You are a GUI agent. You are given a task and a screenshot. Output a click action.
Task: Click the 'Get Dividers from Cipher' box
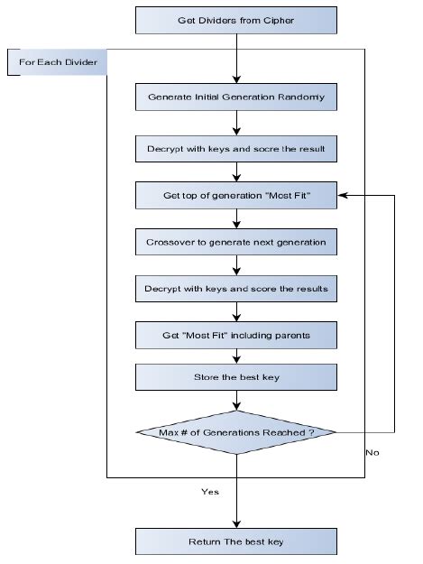(x=236, y=18)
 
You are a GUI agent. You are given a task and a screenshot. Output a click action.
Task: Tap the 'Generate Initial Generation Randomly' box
(x=236, y=97)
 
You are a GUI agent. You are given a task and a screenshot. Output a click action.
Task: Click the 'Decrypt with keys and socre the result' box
(x=236, y=145)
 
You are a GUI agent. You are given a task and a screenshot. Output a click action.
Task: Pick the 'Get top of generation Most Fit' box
(x=236, y=194)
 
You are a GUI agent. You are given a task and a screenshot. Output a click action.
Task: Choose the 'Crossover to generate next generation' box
(x=236, y=242)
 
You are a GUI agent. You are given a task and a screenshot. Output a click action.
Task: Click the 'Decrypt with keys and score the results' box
(x=236, y=290)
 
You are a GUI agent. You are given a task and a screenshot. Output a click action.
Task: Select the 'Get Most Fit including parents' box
(x=236, y=336)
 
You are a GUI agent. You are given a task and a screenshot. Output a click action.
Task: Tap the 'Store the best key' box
(x=236, y=376)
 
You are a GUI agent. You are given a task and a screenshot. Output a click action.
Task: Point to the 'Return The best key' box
(x=236, y=541)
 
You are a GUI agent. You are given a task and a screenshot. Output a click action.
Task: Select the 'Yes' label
(x=208, y=493)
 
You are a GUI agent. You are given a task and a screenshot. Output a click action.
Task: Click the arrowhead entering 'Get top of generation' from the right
(x=343, y=194)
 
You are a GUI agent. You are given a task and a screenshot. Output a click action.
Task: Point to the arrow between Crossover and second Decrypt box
(x=236, y=265)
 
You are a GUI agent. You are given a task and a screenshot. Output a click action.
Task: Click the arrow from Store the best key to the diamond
(x=236, y=399)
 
